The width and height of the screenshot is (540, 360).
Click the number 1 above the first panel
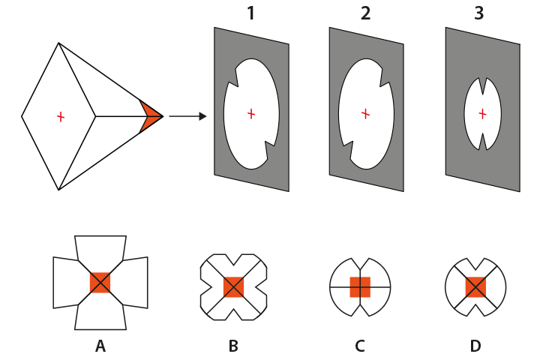(251, 13)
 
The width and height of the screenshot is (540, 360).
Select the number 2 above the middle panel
(366, 13)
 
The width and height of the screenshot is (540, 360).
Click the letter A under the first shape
(100, 346)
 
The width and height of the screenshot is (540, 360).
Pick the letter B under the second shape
(233, 346)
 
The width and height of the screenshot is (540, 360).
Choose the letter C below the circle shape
(360, 346)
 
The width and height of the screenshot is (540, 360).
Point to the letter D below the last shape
(475, 346)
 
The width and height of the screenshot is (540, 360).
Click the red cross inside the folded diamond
(60, 116)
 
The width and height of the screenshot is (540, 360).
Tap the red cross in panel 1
(251, 113)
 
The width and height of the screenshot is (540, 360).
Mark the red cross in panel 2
(365, 114)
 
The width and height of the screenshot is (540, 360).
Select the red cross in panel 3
(482, 114)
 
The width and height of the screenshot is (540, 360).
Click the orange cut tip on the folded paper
(150, 116)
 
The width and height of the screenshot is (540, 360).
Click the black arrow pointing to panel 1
(187, 116)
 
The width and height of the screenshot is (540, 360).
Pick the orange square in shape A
(100, 283)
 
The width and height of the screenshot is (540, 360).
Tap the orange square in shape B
(233, 286)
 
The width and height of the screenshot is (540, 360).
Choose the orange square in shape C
(360, 286)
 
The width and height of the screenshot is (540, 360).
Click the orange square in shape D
(475, 286)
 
